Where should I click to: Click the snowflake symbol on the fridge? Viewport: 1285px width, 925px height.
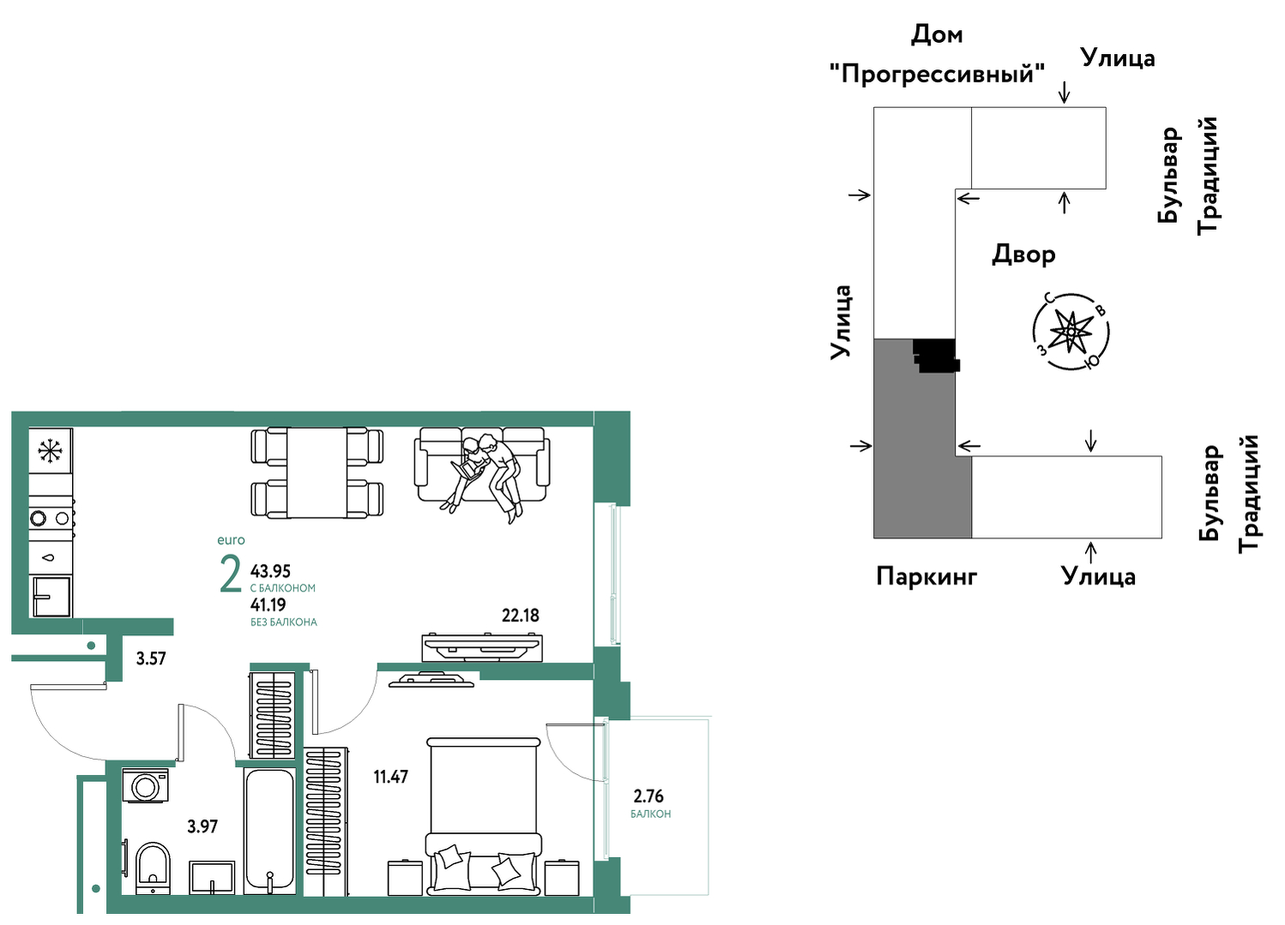pyautogui.click(x=50, y=450)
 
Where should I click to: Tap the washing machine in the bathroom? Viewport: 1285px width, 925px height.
pyautogui.click(x=146, y=785)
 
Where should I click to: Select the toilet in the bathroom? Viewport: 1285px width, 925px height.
pyautogui.click(x=154, y=868)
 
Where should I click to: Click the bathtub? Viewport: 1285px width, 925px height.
pyautogui.click(x=269, y=831)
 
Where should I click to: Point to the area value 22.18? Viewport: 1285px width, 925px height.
pyautogui.click(x=521, y=616)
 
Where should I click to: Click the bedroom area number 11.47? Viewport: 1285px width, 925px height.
pyautogui.click(x=390, y=777)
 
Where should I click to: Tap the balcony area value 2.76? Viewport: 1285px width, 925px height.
pyautogui.click(x=649, y=796)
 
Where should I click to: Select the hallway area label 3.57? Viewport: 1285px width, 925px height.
pyautogui.click(x=151, y=658)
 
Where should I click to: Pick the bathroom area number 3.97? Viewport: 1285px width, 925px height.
pyautogui.click(x=202, y=826)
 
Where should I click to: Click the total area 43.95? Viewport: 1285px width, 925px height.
pyautogui.click(x=270, y=571)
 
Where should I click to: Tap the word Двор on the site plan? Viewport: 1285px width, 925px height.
pyautogui.click(x=1023, y=254)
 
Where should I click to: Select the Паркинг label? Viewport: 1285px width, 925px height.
pyautogui.click(x=926, y=576)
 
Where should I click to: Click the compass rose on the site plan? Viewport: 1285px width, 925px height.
pyautogui.click(x=1071, y=332)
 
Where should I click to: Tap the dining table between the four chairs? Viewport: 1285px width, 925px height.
pyautogui.click(x=317, y=472)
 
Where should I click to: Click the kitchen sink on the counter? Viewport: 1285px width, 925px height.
pyautogui.click(x=51, y=597)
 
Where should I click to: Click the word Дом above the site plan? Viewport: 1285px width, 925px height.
pyautogui.click(x=937, y=35)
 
